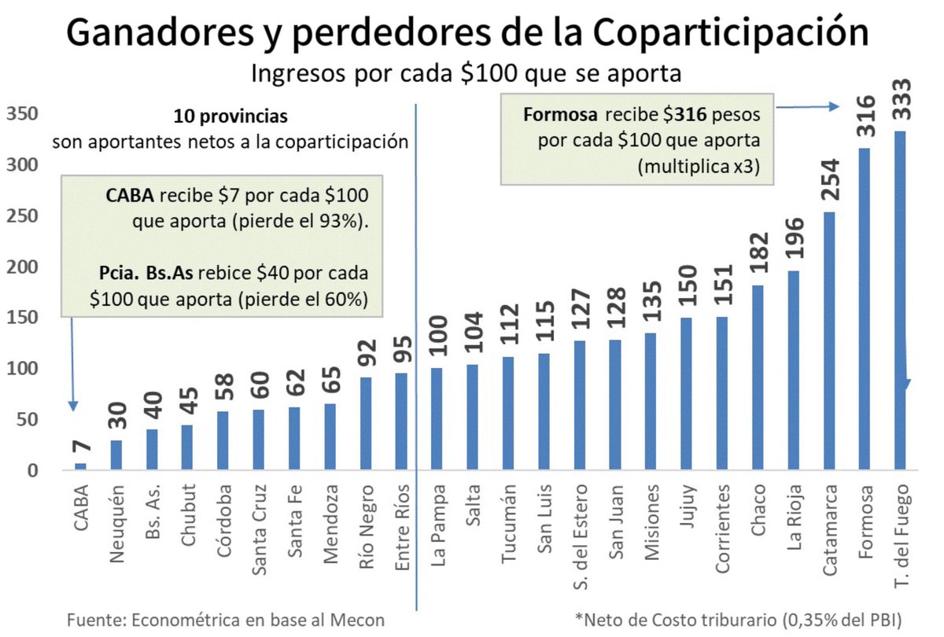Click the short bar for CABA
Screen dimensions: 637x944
tap(81, 467)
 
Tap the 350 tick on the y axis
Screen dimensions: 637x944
tap(22, 114)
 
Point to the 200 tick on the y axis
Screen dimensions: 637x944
tap(22, 267)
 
